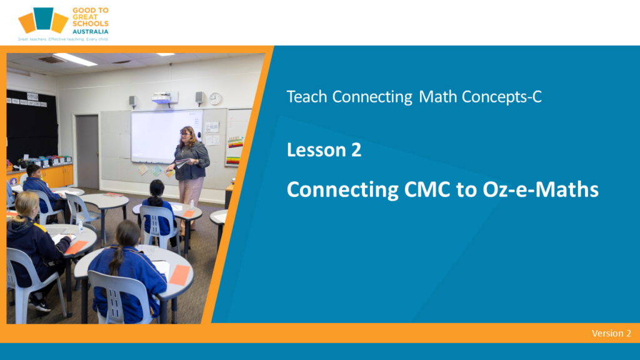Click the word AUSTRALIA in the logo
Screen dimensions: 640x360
[90, 31]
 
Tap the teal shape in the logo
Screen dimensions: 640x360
[43, 18]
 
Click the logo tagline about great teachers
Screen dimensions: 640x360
[63, 39]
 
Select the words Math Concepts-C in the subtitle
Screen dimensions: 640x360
[480, 97]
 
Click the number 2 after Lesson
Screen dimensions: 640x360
[356, 150]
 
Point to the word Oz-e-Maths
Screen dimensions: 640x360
[541, 190]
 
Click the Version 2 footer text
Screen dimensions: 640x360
[611, 334]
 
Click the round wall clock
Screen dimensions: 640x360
[216, 98]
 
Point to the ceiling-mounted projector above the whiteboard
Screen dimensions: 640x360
[165, 98]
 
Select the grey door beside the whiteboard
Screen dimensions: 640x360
[87, 152]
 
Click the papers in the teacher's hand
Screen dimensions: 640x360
[181, 163]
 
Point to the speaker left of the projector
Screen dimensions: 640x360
[132, 101]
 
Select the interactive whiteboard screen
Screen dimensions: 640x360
[166, 136]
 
